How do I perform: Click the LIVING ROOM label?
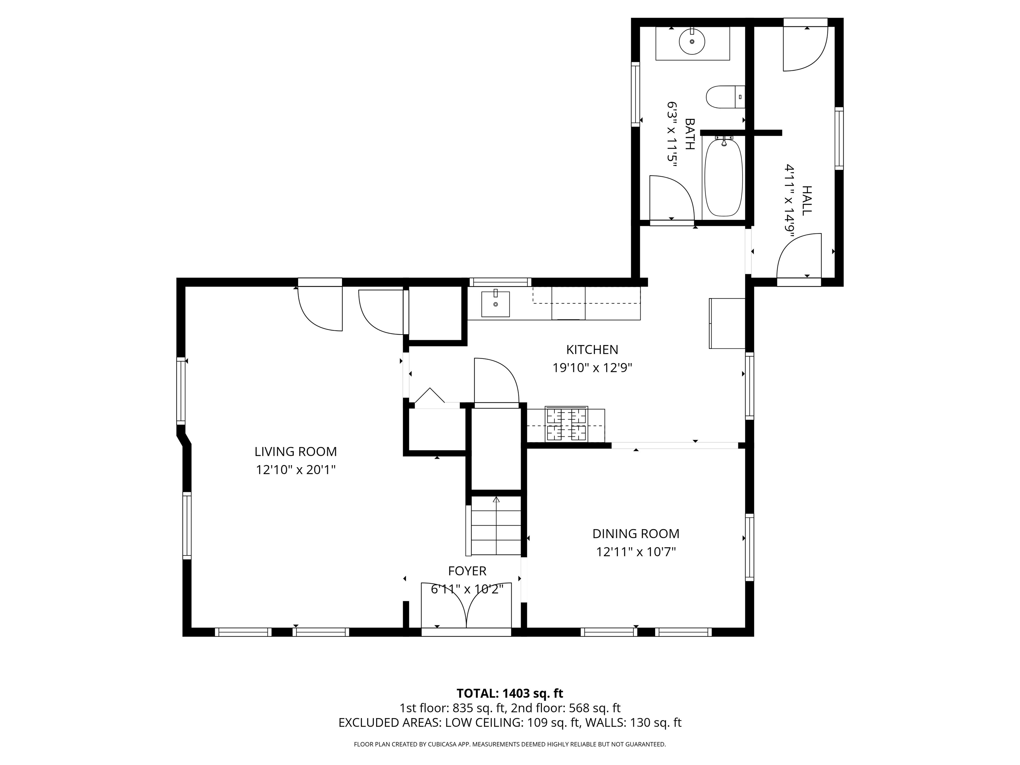(x=296, y=452)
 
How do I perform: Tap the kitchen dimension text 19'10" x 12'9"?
(x=592, y=368)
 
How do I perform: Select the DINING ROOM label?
(x=636, y=534)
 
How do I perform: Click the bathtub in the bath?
(x=723, y=178)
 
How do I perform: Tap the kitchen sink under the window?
(x=495, y=304)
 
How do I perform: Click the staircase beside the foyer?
(x=496, y=526)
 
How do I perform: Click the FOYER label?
(x=467, y=571)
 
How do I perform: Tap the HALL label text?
(x=807, y=200)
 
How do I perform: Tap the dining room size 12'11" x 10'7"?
(x=636, y=552)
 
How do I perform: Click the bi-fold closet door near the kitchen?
(x=430, y=397)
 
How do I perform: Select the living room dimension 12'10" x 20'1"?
(x=296, y=470)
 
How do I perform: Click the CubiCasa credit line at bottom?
(x=510, y=744)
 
